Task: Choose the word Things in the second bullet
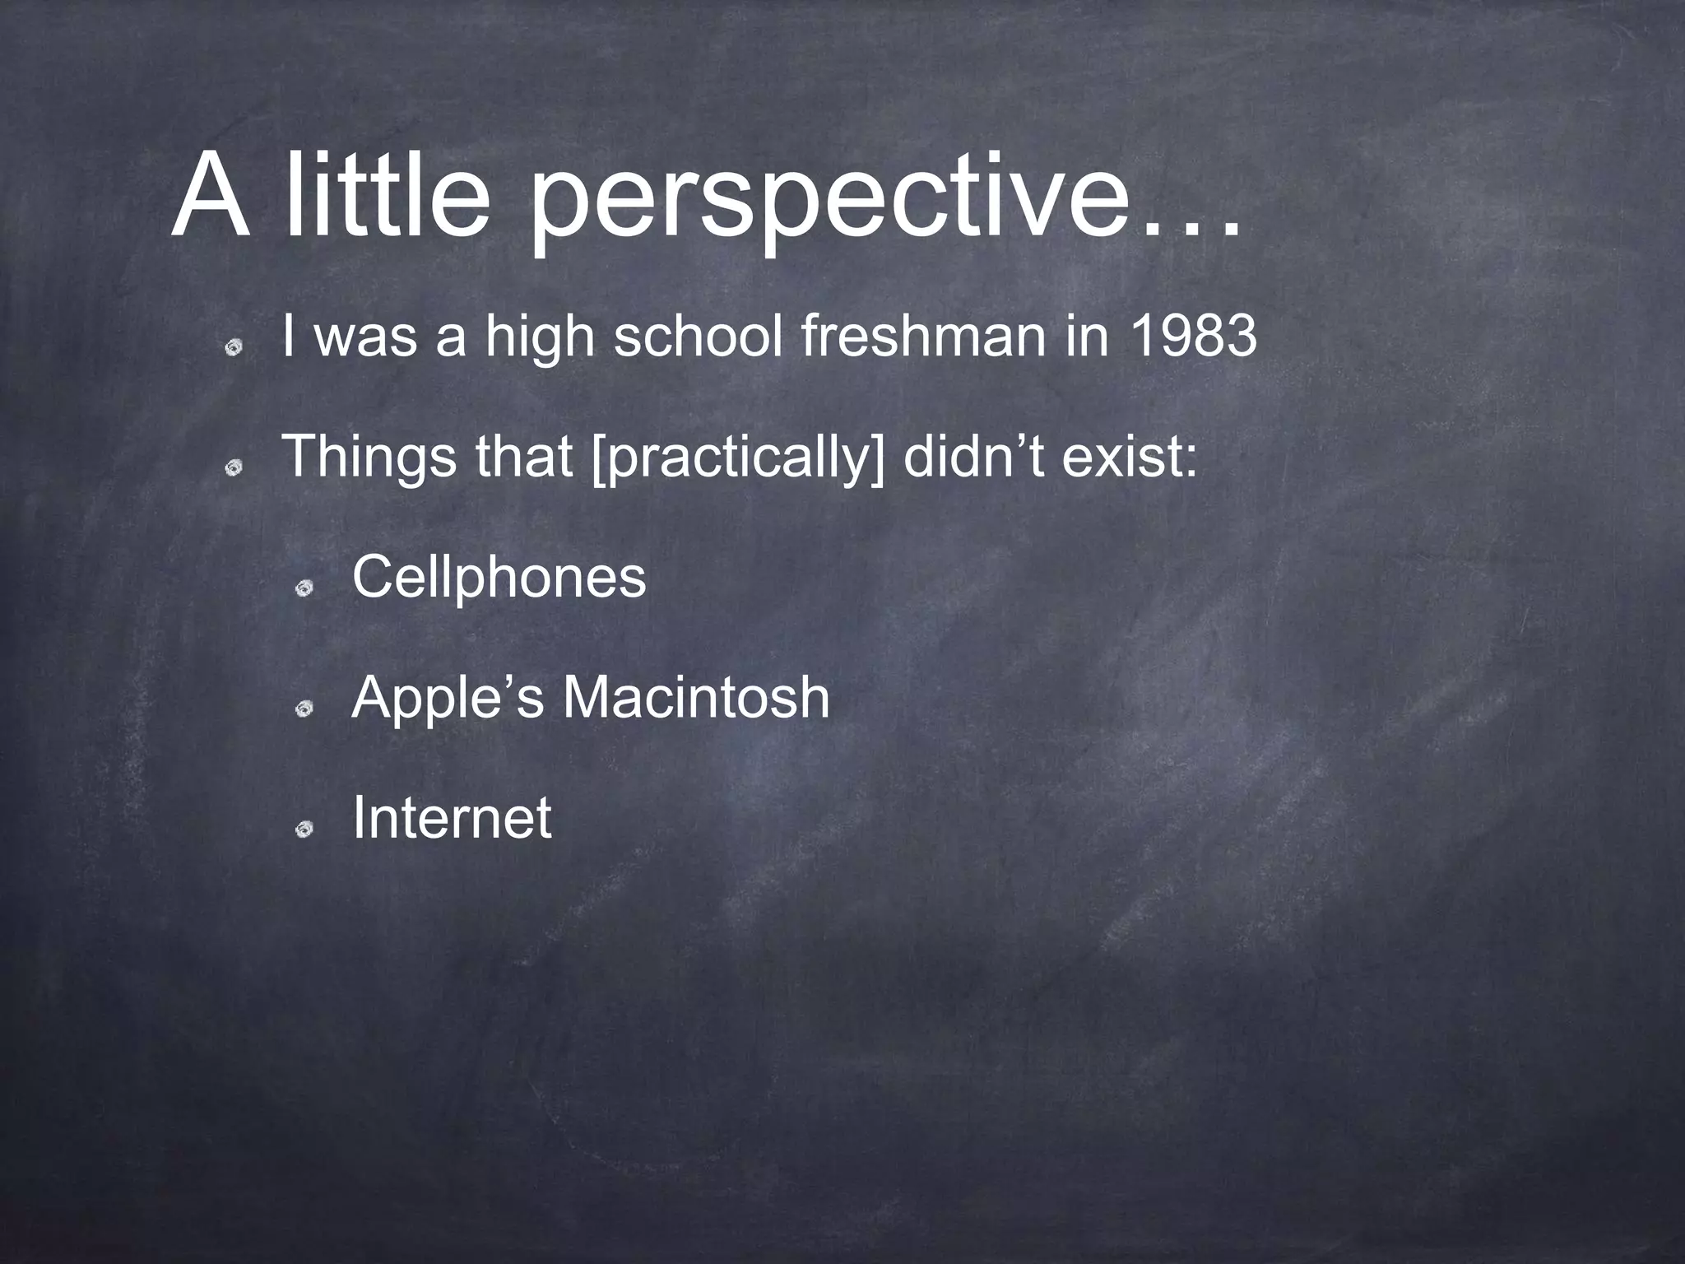click(x=369, y=457)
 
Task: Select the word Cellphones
click(x=499, y=578)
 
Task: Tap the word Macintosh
click(x=696, y=698)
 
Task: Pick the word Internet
click(x=451, y=818)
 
